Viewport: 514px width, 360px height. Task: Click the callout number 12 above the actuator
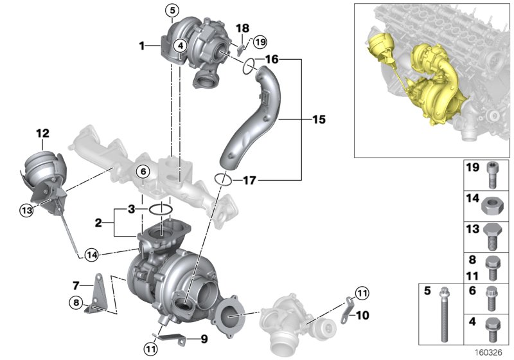pyautogui.click(x=42, y=134)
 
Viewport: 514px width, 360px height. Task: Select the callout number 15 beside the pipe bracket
pyautogui.click(x=319, y=120)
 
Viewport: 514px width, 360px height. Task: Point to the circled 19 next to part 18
pyautogui.click(x=260, y=42)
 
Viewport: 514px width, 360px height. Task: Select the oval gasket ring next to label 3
pyautogui.click(x=160, y=209)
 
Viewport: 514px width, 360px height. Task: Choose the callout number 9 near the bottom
pyautogui.click(x=204, y=338)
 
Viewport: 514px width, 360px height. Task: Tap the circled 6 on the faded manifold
pyautogui.click(x=143, y=171)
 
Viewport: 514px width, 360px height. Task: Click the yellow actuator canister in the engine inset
pyautogui.click(x=377, y=46)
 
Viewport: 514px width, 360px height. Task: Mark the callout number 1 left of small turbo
pyautogui.click(x=141, y=46)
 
